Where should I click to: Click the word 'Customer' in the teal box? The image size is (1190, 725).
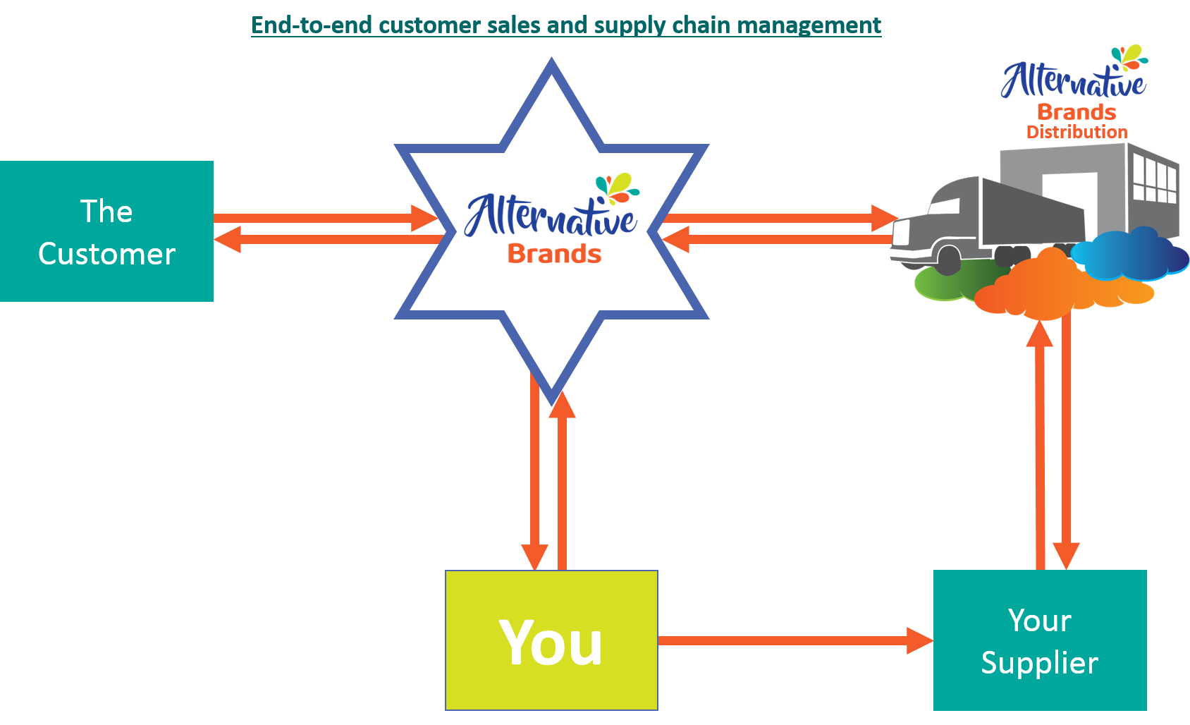point(106,254)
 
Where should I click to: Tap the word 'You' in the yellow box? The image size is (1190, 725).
point(551,642)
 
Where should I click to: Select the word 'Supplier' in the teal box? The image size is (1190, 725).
point(1039,663)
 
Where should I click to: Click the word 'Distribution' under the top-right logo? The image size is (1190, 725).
point(1076,132)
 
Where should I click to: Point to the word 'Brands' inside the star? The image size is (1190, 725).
point(554,254)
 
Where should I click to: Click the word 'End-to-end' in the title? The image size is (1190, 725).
point(312,25)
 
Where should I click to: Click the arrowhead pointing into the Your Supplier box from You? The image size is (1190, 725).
point(919,641)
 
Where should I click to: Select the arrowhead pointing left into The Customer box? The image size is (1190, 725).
point(227,239)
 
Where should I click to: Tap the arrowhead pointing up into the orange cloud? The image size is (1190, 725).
point(1040,334)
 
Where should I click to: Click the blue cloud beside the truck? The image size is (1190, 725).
point(1128,254)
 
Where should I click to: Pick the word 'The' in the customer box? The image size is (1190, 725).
point(106,212)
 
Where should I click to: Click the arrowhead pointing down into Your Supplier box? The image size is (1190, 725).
point(1066,555)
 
